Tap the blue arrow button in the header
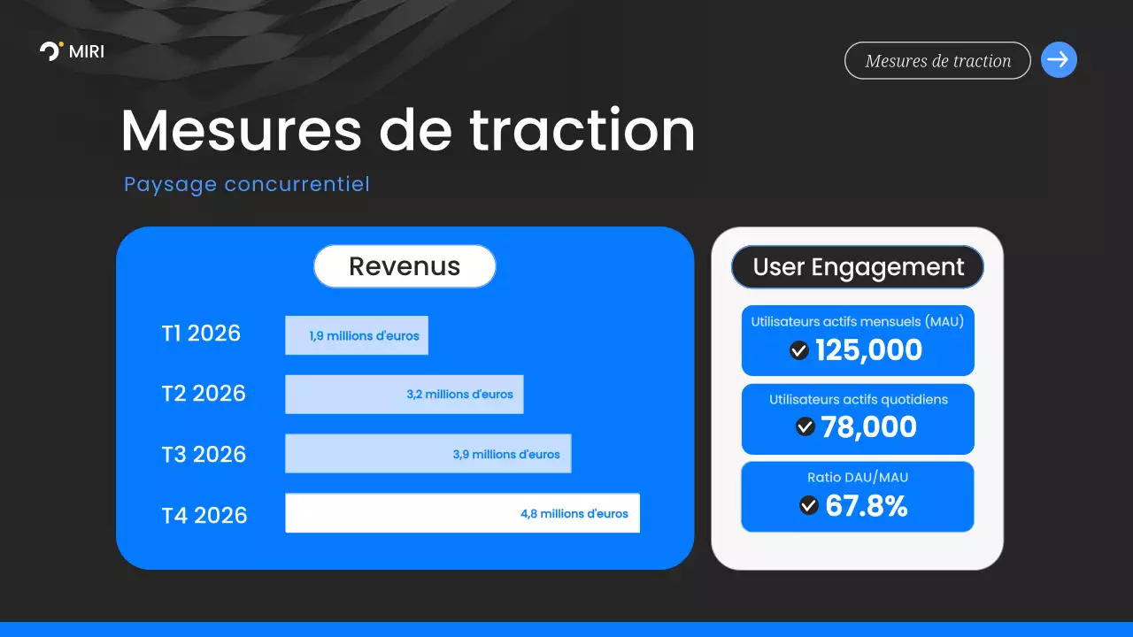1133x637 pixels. point(1059,60)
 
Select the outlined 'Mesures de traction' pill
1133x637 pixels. point(937,61)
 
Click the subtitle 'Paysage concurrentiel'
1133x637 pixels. point(247,184)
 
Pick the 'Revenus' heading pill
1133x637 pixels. point(405,266)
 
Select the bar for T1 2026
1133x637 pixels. point(356,335)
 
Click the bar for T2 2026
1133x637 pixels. point(404,395)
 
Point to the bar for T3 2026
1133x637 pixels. point(428,454)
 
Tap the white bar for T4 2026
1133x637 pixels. point(462,513)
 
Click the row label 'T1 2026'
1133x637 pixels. point(201,334)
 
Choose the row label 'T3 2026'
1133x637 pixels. point(204,455)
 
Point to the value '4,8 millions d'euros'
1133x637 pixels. point(574,513)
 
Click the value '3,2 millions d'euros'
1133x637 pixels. point(459,395)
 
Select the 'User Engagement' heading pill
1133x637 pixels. point(858,267)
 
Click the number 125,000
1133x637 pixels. point(868,350)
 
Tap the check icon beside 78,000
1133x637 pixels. point(805,426)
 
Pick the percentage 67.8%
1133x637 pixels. point(867,506)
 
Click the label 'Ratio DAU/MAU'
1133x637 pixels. point(858,478)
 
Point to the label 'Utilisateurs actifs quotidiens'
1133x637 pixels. point(858,400)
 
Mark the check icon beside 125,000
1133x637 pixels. point(799,351)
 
